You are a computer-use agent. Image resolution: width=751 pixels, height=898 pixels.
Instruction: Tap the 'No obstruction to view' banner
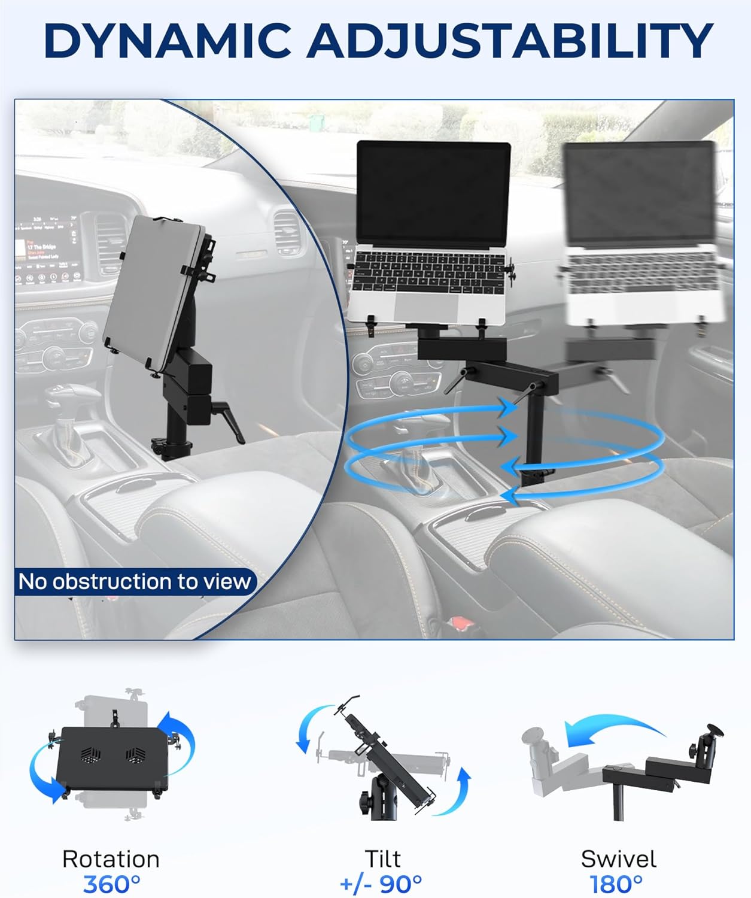coord(135,581)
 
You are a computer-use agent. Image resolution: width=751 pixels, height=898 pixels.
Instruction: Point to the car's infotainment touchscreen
coord(48,250)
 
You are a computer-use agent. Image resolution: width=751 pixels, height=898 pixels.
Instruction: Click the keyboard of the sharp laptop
coord(427,272)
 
